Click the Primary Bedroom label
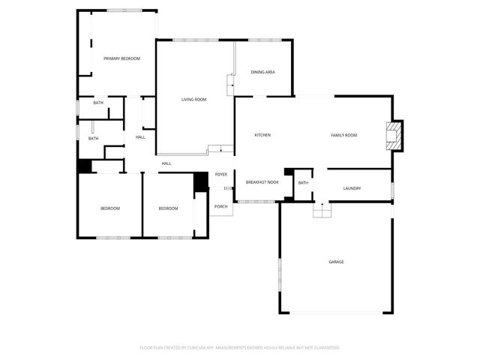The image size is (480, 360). [x=121, y=58]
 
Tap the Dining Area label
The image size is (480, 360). [x=262, y=72]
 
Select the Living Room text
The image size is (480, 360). [x=193, y=99]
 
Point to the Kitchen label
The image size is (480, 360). [x=262, y=135]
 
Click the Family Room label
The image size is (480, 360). [x=343, y=135]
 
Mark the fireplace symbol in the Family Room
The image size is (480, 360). [x=393, y=135]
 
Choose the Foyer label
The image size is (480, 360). [x=221, y=174]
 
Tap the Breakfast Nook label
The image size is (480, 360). [x=262, y=182]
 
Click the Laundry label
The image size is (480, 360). [x=352, y=188]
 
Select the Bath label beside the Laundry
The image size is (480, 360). [x=303, y=182]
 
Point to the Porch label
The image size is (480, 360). [x=221, y=206]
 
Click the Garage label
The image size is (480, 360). [x=336, y=262]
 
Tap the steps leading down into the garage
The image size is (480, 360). [x=322, y=212]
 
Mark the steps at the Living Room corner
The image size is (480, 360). [x=216, y=149]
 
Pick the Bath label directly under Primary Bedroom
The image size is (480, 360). [x=98, y=103]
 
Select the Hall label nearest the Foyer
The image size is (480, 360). [x=166, y=163]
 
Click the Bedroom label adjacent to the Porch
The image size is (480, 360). [x=168, y=208]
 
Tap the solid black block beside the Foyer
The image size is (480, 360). [x=200, y=181]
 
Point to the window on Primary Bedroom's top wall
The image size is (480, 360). [x=121, y=10]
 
